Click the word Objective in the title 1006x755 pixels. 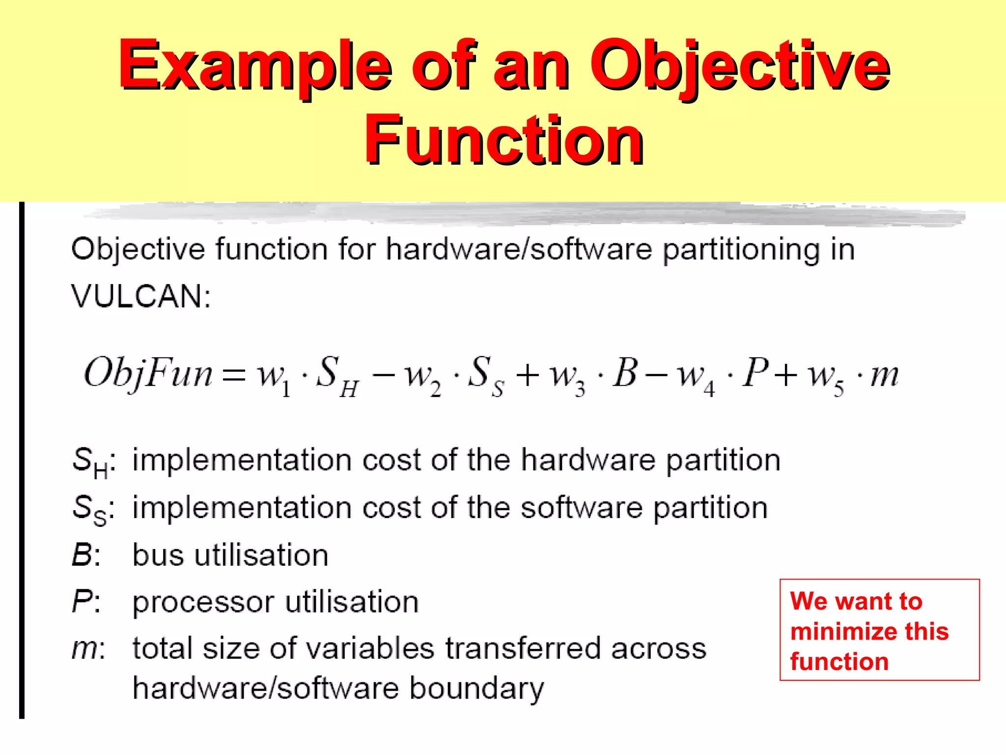click(x=739, y=66)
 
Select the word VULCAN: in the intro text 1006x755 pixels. click(x=141, y=296)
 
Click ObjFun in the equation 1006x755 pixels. click(x=148, y=374)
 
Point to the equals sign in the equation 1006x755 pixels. click(x=233, y=376)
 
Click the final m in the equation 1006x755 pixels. click(x=884, y=376)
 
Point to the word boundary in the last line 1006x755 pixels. click(x=476, y=688)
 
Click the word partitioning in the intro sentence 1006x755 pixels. click(x=741, y=250)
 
